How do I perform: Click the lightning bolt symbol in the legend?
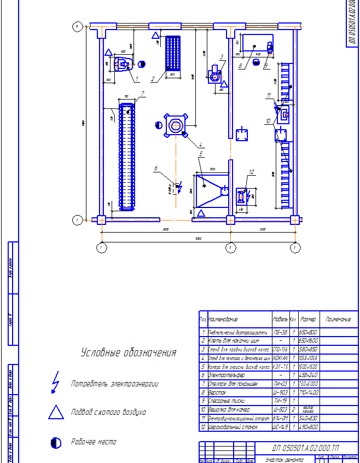tap(55, 383)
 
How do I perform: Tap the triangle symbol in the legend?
tap(56, 412)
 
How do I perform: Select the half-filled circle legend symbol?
tap(55, 442)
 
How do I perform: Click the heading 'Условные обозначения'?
tap(129, 353)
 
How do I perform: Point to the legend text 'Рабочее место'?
tap(94, 442)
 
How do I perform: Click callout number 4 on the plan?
tap(201, 144)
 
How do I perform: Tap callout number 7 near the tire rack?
tap(142, 94)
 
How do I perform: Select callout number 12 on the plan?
tap(251, 172)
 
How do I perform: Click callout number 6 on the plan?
tap(156, 167)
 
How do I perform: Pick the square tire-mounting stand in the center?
tap(176, 126)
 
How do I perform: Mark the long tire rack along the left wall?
tap(127, 156)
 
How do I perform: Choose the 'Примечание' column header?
tap(338, 319)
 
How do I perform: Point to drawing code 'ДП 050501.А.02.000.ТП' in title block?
tap(305, 448)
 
